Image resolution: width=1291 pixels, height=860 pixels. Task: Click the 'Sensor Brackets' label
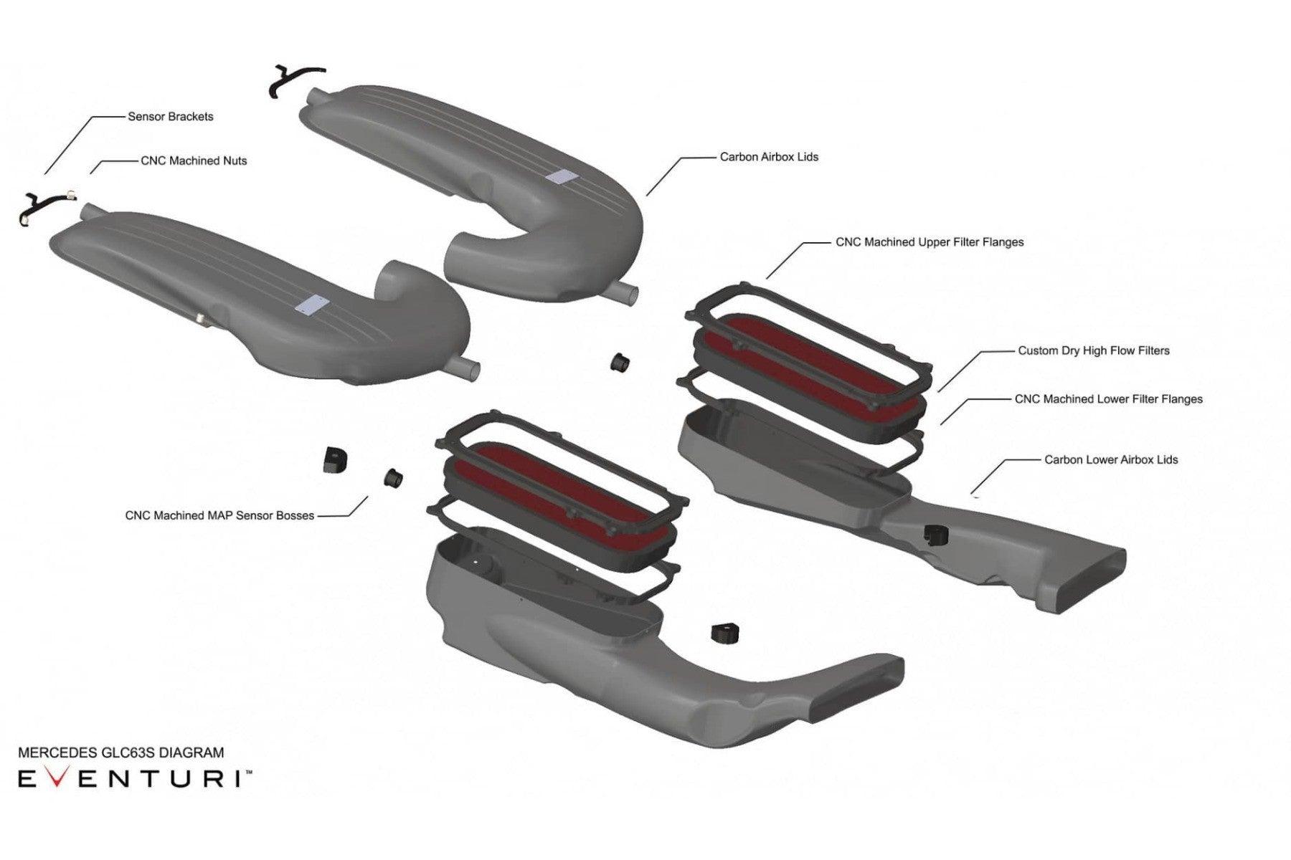pos(171,116)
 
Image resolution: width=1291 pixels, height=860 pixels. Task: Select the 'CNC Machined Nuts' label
pos(194,161)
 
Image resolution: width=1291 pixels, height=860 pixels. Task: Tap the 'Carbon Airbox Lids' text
pos(769,156)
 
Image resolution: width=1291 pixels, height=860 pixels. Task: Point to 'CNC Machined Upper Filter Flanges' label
pos(930,242)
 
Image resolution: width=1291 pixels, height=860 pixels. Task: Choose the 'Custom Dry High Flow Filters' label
pos(1094,350)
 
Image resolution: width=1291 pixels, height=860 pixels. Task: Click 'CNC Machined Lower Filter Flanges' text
pos(1108,398)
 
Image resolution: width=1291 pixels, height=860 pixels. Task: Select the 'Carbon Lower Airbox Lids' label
pos(1111,459)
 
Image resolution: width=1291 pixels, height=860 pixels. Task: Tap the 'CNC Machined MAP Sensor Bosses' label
pos(219,515)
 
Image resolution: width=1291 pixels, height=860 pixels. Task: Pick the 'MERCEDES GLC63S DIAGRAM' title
pos(120,752)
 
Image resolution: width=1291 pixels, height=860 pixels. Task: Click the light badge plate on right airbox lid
pos(560,176)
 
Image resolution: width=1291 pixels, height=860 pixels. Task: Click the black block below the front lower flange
pos(724,633)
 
